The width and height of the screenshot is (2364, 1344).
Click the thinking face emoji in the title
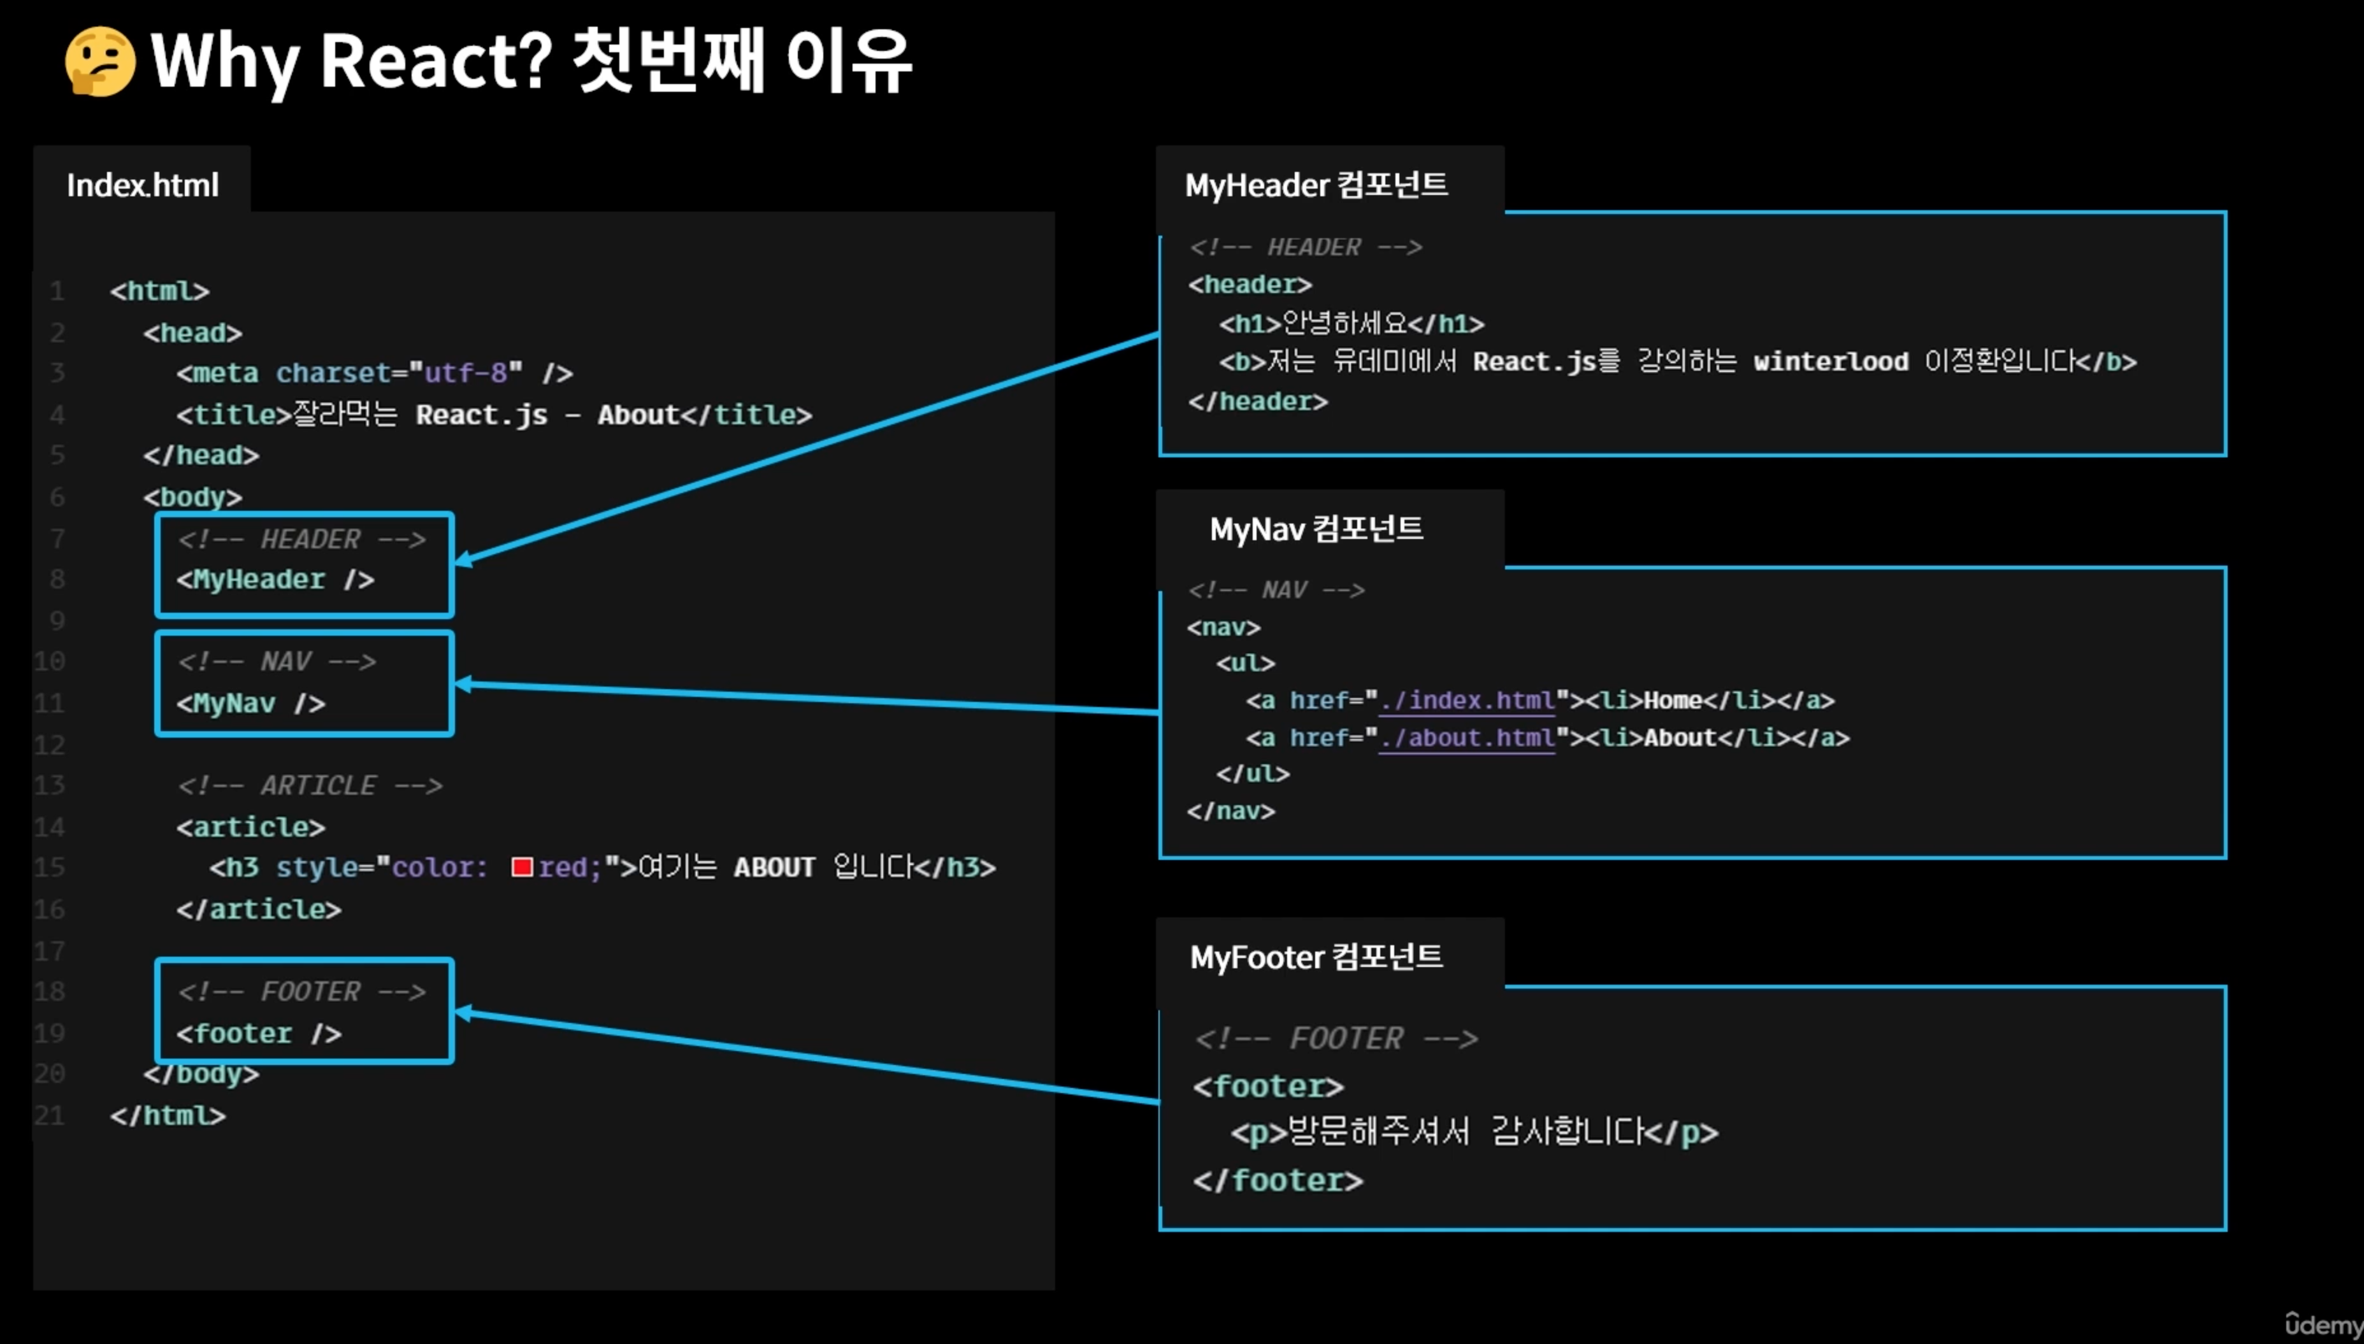point(100,62)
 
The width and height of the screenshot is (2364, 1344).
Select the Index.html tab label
point(142,185)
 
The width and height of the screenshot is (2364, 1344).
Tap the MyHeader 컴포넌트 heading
point(1316,185)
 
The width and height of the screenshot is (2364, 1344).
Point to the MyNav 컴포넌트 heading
point(1316,529)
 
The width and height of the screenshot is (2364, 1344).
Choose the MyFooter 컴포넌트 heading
point(1316,957)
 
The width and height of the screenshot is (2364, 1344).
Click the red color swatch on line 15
point(522,868)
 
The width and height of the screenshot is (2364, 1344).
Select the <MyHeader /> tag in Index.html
point(275,580)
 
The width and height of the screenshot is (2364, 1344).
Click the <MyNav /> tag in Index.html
point(251,703)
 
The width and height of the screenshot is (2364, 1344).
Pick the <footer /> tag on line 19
point(259,1033)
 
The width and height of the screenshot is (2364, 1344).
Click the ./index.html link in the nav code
point(1467,701)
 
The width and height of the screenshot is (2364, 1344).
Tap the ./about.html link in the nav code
point(1467,738)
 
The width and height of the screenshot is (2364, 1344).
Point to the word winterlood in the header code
point(1830,362)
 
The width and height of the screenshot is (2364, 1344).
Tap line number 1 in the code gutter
point(57,292)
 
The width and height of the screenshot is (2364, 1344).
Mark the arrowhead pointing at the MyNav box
point(464,684)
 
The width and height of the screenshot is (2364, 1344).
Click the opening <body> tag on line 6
point(192,497)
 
